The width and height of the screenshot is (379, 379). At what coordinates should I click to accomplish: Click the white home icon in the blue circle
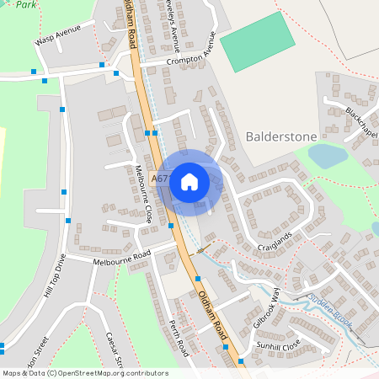point(189,180)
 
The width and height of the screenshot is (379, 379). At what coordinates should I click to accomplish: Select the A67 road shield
point(161,179)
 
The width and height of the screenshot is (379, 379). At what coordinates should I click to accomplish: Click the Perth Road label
point(177,337)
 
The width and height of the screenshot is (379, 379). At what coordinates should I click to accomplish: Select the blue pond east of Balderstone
point(328,155)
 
